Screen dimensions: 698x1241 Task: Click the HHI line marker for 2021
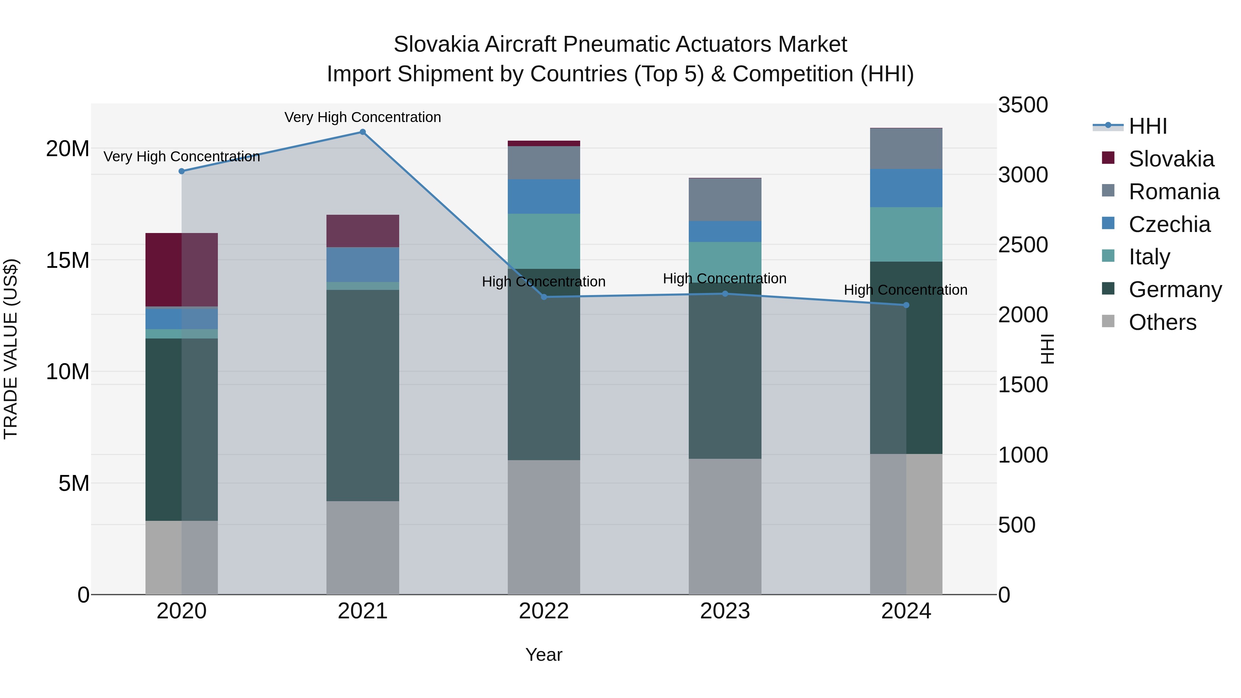363,132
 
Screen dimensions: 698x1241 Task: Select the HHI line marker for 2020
182,171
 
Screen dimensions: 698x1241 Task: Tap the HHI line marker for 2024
906,305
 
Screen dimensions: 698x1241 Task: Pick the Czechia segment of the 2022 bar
544,196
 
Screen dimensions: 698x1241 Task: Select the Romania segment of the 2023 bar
725,200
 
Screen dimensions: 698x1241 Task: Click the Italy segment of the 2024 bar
906,235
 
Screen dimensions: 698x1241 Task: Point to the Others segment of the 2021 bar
363,547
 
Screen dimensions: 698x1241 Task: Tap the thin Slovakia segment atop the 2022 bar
544,143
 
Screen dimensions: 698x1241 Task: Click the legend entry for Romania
1173,192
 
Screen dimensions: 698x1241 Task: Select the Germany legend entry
1174,290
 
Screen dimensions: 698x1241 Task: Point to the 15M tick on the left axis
68,260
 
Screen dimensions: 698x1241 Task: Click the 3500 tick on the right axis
1022,105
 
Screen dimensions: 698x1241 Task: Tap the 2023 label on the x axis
725,611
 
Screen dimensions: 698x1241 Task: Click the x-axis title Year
544,655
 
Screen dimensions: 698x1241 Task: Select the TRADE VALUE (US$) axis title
11,349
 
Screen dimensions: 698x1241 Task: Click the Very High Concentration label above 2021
363,117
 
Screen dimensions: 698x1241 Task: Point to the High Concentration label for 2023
725,279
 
